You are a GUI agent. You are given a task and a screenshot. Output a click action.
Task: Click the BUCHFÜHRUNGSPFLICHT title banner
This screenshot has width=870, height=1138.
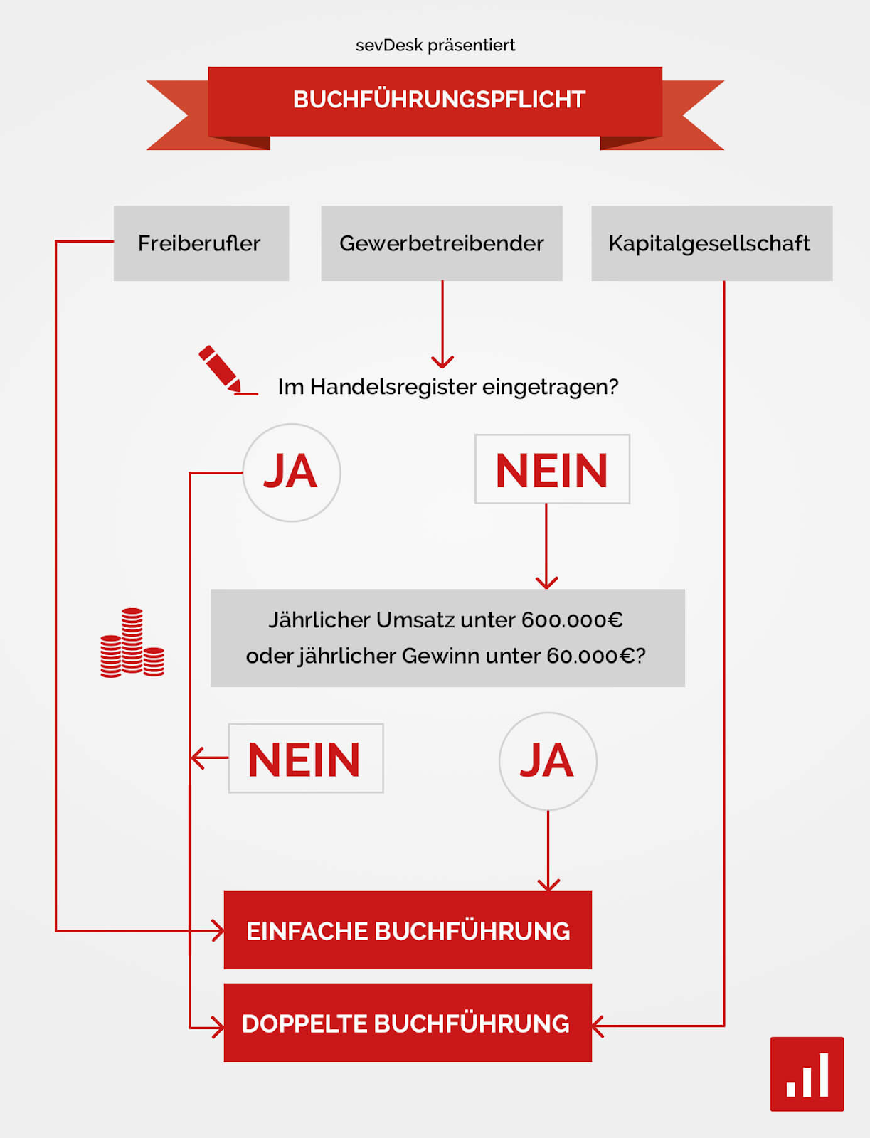pyautogui.click(x=435, y=100)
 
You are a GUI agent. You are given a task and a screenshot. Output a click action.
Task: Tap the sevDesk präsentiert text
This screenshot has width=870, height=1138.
pyautogui.click(x=435, y=46)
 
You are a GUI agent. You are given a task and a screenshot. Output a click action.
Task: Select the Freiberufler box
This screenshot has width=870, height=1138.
pyautogui.click(x=201, y=243)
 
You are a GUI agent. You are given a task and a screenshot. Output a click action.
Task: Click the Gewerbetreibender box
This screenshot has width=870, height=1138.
pyautogui.click(x=441, y=243)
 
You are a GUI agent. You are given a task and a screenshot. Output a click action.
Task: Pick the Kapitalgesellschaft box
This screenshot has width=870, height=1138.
pyautogui.click(x=711, y=243)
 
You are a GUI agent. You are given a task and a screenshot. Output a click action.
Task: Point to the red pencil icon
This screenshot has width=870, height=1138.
pyautogui.click(x=221, y=369)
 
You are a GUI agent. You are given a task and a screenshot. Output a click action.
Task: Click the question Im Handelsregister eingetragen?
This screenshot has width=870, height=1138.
pyautogui.click(x=448, y=387)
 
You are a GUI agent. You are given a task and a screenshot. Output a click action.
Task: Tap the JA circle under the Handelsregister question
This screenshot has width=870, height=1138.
pyautogui.click(x=292, y=472)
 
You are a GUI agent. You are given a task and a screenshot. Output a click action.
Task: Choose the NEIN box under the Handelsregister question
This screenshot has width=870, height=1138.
pyautogui.click(x=552, y=469)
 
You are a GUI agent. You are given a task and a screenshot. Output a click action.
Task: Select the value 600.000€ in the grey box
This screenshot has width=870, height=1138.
pyautogui.click(x=572, y=620)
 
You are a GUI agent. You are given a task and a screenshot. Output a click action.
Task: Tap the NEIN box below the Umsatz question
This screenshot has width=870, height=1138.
pyautogui.click(x=306, y=759)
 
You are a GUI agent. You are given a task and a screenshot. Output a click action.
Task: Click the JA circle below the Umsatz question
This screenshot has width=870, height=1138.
pyautogui.click(x=548, y=761)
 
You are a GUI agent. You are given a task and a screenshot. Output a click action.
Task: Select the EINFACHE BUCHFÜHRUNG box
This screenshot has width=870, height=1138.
pyautogui.click(x=408, y=930)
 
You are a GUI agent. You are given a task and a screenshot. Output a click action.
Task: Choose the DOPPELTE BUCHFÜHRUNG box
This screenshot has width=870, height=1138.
pyautogui.click(x=408, y=1023)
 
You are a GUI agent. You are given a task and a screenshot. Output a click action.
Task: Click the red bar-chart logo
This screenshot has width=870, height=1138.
pyautogui.click(x=807, y=1074)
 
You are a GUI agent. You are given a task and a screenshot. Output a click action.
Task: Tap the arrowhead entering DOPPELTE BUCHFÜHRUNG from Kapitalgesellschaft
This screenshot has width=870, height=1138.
pyautogui.click(x=598, y=1026)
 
